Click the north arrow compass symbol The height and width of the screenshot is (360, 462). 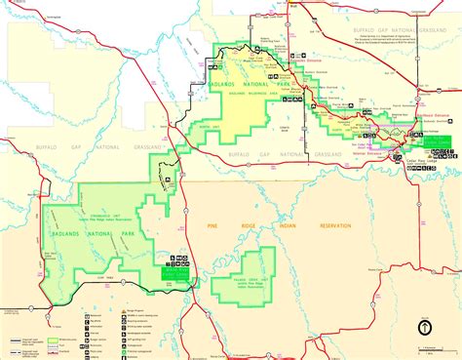pyautogui.click(x=426, y=327)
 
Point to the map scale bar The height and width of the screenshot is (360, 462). pyautogui.click(x=429, y=344)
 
